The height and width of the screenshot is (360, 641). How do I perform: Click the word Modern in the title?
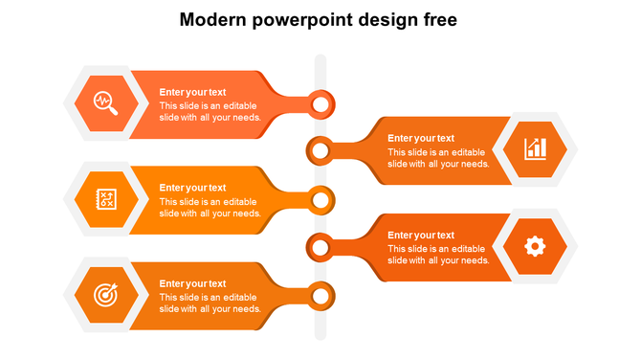click(213, 19)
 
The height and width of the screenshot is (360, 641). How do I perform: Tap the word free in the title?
click(438, 19)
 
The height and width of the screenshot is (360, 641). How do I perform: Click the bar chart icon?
click(535, 148)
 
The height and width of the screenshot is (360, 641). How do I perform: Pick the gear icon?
click(535, 246)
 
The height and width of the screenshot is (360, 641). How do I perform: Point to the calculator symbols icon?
click(106, 199)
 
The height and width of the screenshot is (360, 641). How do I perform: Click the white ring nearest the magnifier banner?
click(321, 103)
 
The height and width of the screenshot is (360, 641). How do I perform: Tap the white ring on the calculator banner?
click(321, 200)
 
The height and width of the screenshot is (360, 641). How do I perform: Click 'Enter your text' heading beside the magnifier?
click(192, 92)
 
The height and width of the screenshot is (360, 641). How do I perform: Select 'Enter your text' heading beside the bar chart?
click(421, 138)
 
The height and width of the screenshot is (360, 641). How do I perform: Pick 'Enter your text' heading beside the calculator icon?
click(192, 188)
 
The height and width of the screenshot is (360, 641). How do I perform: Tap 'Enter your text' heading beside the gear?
click(421, 235)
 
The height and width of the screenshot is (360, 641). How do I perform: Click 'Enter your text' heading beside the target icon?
click(192, 283)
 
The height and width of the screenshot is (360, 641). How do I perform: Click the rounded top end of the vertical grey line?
click(320, 60)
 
